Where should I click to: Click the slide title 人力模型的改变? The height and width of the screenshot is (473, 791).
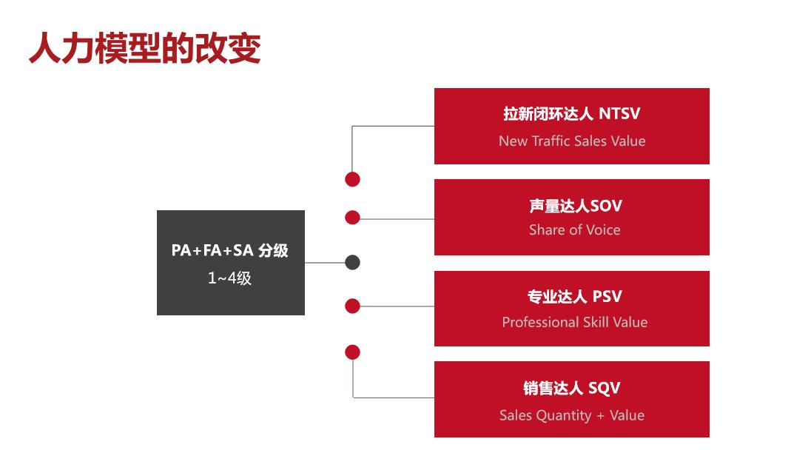coord(145,48)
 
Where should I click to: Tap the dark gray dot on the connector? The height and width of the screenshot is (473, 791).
coord(353,263)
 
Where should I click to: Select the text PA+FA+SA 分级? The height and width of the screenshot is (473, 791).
coord(229,250)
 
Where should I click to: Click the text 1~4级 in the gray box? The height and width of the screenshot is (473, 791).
coord(229,278)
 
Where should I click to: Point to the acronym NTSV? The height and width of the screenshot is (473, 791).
coord(619,113)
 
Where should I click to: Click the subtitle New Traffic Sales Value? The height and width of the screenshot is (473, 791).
coord(572,141)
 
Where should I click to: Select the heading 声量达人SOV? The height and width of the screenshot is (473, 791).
coord(576,206)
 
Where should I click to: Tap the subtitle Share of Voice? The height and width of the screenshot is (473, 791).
coord(575,229)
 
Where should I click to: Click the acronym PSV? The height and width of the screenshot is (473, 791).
coord(607,296)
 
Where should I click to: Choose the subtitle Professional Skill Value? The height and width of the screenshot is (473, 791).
coord(575,322)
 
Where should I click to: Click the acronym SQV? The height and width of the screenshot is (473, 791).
coord(605,388)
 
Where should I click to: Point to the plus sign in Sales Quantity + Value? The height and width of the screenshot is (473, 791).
coord(600,416)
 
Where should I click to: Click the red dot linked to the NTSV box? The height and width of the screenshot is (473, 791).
coord(353,179)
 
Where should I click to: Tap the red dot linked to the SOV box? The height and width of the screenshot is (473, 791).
coord(353,218)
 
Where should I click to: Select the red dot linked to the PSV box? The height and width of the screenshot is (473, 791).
coord(353,306)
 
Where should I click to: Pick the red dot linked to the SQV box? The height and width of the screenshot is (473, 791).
coord(353,352)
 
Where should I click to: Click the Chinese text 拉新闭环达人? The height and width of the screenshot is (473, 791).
coord(548,113)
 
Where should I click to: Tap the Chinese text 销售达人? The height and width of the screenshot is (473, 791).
coord(553,388)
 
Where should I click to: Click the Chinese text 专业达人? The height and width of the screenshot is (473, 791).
coord(557,296)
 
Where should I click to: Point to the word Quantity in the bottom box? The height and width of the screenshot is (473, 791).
coord(564,416)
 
